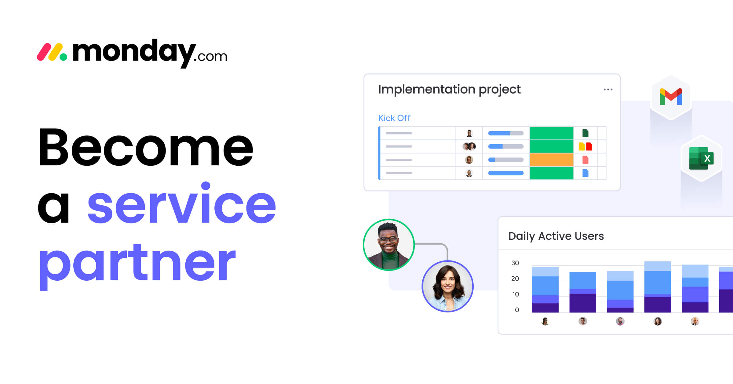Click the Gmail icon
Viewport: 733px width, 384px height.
671,97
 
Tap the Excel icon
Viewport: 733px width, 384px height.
701,158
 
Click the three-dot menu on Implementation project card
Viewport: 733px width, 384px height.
608,90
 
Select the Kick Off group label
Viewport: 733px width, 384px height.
394,118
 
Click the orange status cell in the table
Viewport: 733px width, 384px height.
551,160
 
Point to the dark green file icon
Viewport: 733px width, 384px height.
585,133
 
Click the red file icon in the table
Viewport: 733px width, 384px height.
589,146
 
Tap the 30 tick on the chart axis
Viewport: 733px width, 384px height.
515,263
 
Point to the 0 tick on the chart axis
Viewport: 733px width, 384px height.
517,310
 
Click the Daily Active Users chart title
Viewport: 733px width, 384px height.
556,236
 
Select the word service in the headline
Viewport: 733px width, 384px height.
182,205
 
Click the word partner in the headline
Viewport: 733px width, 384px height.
137,263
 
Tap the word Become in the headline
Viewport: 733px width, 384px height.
146,147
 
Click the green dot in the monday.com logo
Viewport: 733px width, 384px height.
63,57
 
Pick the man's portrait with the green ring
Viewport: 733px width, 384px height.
388,245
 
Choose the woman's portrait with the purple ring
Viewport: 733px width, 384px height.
447,286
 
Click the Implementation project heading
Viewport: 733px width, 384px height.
449,90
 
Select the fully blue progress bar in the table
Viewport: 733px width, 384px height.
506,173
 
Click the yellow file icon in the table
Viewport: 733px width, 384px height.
582,146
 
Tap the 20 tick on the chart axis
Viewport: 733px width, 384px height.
515,279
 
